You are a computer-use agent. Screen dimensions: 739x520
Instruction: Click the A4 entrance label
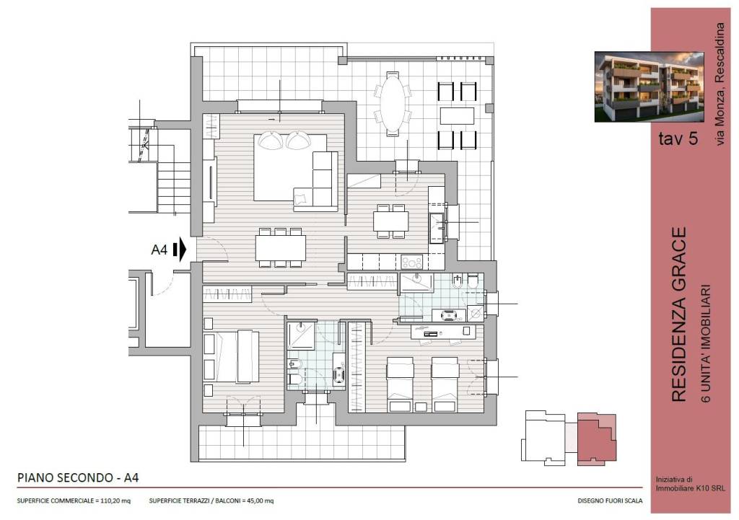pos(159,250)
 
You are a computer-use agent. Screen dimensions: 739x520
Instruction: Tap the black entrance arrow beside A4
pos(180,249)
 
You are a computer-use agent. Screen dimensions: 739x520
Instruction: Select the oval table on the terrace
pos(393,104)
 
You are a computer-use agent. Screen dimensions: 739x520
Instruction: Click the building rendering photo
pos(649,87)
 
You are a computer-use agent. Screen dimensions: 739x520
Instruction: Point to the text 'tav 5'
pos(678,138)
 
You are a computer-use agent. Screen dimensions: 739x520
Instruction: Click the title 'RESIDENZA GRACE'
pos(678,314)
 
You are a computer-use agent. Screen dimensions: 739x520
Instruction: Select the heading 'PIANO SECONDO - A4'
pos(78,477)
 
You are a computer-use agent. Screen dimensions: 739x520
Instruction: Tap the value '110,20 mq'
pos(115,501)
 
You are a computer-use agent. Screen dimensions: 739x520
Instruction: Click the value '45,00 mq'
pos(260,501)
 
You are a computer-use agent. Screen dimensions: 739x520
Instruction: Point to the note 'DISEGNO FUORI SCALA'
pos(610,501)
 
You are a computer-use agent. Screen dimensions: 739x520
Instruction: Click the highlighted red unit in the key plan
pos(597,439)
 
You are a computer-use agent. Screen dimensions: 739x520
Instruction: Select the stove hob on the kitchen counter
pos(411,262)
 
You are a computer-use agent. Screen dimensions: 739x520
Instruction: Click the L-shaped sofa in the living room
pos(317,181)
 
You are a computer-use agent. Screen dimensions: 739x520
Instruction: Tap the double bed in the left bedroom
pos(232,356)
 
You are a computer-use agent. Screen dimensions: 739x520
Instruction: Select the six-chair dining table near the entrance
pos(281,248)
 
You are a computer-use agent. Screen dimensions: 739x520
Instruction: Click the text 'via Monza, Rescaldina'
pos(720,84)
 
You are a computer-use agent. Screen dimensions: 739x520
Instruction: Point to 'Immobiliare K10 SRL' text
pos(691,489)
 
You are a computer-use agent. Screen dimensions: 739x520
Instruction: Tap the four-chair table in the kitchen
pos(390,221)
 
